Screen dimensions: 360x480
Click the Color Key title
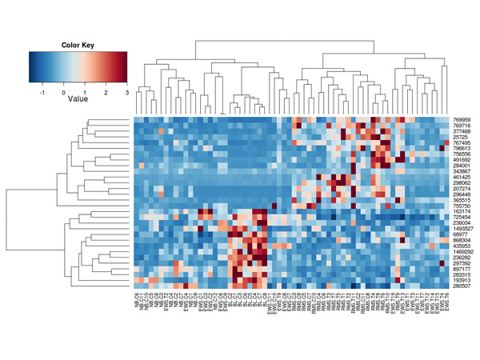click(x=78, y=45)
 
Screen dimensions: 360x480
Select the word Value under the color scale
click(x=78, y=101)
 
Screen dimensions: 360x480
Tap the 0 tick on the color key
click(x=64, y=92)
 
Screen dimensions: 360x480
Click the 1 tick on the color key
click(x=85, y=92)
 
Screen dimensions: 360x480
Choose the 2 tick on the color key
click(x=106, y=92)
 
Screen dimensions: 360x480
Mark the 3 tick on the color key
click(x=126, y=92)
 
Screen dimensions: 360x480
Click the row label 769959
click(x=462, y=120)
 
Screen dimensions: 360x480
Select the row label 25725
click(x=460, y=137)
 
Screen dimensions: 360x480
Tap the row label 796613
click(x=462, y=148)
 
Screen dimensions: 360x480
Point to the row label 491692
click(x=462, y=159)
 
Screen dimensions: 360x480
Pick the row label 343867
click(x=462, y=170)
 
